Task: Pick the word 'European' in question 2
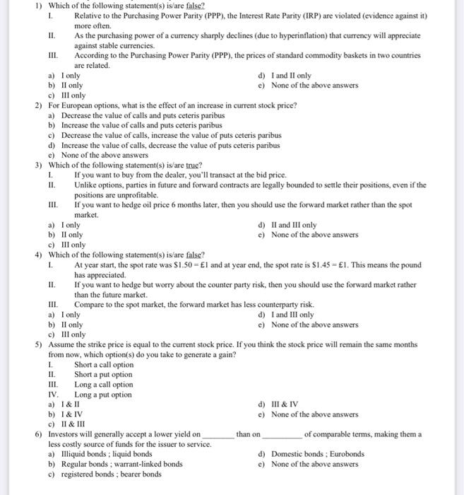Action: coord(76,105)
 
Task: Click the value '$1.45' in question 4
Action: coord(366,265)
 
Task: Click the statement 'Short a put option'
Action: coord(103,375)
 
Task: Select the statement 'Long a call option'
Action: coord(103,385)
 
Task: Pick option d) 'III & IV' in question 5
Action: coord(285,404)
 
